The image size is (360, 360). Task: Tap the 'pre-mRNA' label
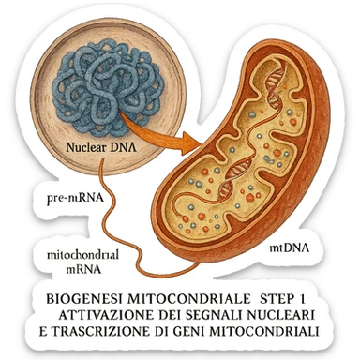(x=73, y=199)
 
